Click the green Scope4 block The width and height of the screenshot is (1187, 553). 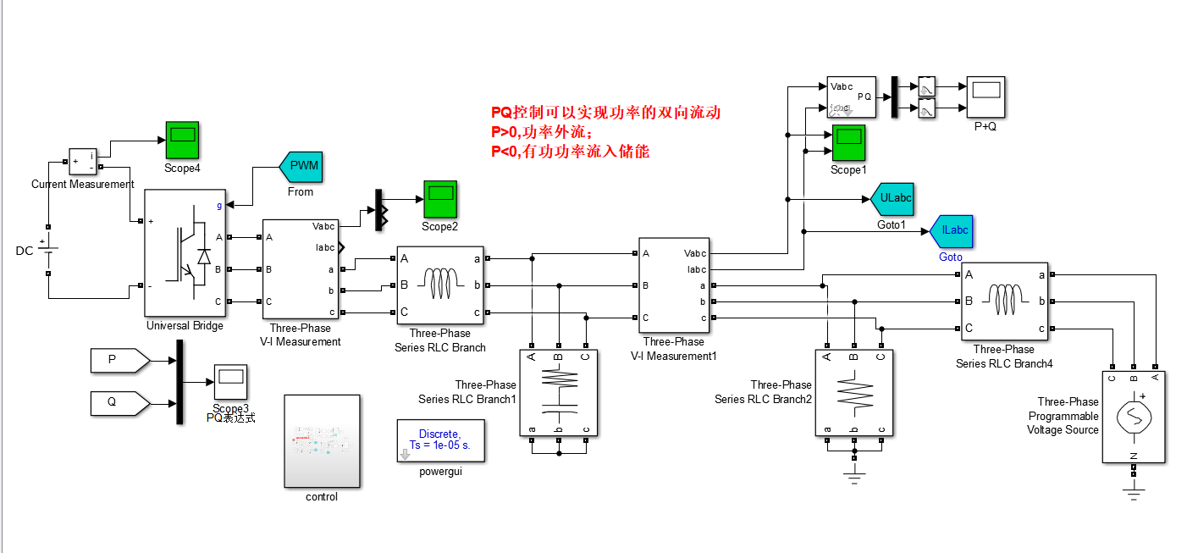[181, 138]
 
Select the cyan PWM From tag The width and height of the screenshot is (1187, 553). [302, 166]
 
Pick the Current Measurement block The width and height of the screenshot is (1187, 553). [83, 162]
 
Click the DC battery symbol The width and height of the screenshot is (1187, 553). [48, 251]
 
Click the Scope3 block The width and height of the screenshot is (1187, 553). [230, 382]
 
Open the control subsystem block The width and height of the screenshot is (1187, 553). [322, 441]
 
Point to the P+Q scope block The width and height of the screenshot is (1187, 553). [985, 97]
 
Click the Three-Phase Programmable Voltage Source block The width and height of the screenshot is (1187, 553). [1134, 417]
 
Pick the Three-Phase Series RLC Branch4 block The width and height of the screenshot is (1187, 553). [1004, 301]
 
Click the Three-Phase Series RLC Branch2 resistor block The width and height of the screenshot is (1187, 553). [854, 393]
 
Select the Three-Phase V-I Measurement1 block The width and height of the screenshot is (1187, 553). [673, 285]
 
